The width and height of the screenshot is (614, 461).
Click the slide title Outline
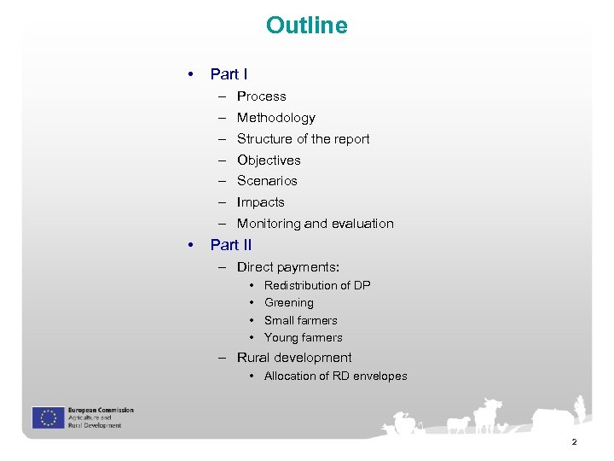[x=306, y=26]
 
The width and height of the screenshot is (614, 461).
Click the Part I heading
[x=229, y=75]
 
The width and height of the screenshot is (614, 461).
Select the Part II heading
[x=230, y=245]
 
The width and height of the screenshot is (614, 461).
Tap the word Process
[x=261, y=96]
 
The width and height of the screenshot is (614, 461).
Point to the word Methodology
[x=275, y=118]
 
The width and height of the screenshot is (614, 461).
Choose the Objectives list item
[x=269, y=160]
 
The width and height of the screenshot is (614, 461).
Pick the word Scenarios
[x=267, y=181]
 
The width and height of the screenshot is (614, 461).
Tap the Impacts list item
[x=260, y=202]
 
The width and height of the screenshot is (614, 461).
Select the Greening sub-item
[x=288, y=303]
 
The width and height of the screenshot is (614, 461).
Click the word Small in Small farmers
[x=277, y=321]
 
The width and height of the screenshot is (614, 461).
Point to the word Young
[x=281, y=338]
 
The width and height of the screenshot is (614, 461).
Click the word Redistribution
[x=298, y=285]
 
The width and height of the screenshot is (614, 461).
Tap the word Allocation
[x=291, y=376]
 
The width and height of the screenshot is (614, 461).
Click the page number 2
[x=574, y=442]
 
